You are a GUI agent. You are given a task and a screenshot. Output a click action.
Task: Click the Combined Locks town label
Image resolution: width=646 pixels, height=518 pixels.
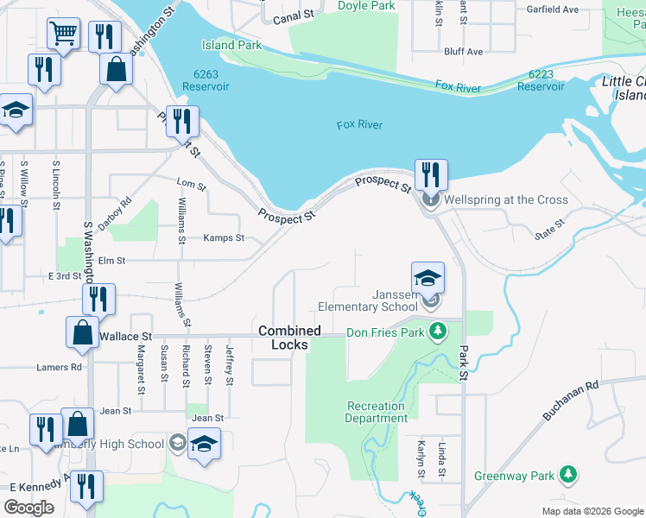coord(289,338)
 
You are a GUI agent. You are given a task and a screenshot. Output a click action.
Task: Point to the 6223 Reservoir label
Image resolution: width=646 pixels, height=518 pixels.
coord(540,80)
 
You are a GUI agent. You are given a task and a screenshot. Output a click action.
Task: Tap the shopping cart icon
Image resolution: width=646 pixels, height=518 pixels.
coord(63,34)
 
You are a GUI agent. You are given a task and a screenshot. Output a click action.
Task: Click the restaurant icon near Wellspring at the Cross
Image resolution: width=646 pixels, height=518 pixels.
coord(429,174)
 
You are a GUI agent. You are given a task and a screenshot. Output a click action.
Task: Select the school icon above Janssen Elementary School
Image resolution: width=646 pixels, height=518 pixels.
coord(427,278)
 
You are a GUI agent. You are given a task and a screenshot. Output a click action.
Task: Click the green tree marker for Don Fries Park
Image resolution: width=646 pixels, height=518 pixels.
coord(439,332)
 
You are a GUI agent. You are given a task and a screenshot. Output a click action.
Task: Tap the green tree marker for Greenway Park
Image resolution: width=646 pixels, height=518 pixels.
coord(567,475)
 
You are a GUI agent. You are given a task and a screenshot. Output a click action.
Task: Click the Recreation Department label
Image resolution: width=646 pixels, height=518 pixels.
coord(377,412)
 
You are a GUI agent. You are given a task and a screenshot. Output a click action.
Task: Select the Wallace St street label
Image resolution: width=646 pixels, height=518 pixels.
coord(126,336)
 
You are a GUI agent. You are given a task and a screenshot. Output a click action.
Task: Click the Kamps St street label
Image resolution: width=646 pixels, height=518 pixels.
coord(224,237)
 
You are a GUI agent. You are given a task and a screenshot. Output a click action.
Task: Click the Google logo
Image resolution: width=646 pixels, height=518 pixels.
coord(28,507)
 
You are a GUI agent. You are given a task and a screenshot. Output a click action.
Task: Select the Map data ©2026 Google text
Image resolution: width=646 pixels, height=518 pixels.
coord(592,511)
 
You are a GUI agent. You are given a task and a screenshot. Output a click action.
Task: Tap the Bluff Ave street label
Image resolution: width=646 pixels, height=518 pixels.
coord(463,52)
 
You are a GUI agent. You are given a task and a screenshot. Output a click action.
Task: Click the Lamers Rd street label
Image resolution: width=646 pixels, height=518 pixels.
coord(59,367)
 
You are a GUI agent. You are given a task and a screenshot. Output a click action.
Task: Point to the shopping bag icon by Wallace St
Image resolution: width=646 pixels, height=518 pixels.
coord(81,333)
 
